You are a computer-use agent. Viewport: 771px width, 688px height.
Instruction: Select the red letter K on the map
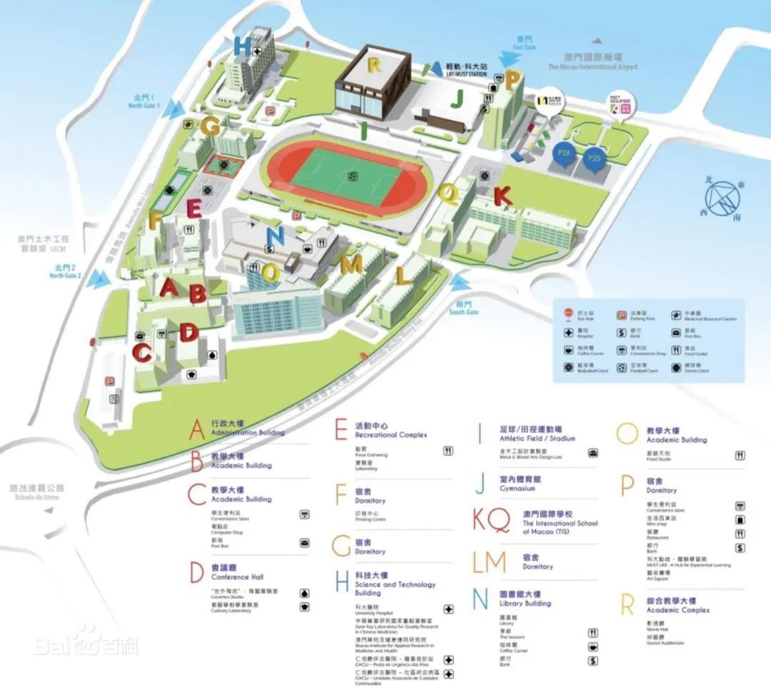tap(503, 195)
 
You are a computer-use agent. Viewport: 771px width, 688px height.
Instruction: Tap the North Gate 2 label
tap(65, 271)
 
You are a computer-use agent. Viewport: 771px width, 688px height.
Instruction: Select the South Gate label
tap(463, 308)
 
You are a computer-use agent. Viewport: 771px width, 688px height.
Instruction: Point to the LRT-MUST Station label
tap(466, 69)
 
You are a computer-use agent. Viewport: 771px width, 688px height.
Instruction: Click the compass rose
tap(728, 196)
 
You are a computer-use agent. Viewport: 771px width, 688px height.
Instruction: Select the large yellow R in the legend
tap(628, 605)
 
